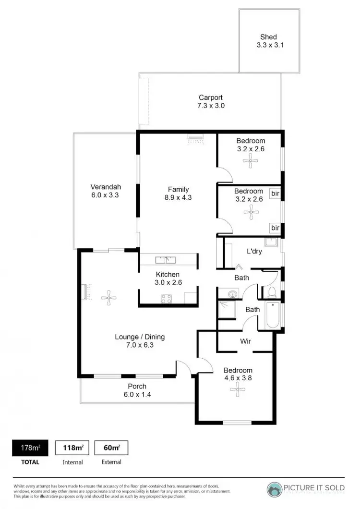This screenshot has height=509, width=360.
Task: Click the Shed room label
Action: pyautogui.click(x=269, y=36)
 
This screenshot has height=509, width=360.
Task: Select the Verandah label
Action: pyautogui.click(x=106, y=187)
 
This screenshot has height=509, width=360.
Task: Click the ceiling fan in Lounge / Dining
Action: pyautogui.click(x=109, y=298)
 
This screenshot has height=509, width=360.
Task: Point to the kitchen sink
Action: pyautogui.click(x=166, y=260)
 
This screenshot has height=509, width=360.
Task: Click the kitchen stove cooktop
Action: pyautogui.click(x=167, y=299)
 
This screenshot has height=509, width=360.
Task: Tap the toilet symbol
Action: pyautogui.click(x=272, y=291)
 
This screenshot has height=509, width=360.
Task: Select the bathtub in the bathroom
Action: pyautogui.click(x=272, y=315)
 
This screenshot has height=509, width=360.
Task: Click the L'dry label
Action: pyautogui.click(x=254, y=251)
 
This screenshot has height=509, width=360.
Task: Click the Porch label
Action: pyautogui.click(x=137, y=386)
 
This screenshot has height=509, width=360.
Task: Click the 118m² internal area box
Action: pyautogui.click(x=72, y=448)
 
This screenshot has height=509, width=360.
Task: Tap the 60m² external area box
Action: pyautogui.click(x=111, y=448)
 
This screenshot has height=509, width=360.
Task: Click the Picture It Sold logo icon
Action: pyautogui.click(x=274, y=488)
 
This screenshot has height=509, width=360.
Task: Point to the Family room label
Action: pyautogui.click(x=178, y=189)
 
